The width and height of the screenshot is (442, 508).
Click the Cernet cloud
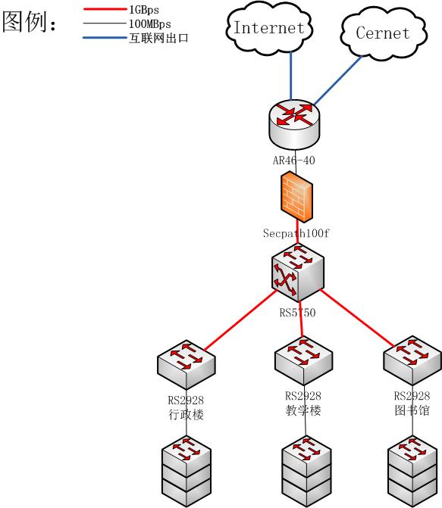(384, 33)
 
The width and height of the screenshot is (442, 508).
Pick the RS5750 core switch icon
(298, 273)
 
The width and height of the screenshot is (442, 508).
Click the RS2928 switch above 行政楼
(187, 364)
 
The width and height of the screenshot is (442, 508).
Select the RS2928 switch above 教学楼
(303, 360)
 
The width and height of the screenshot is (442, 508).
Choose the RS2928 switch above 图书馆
(412, 360)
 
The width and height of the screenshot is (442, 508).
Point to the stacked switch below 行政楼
(187, 472)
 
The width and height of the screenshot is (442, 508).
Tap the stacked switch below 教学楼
(306, 472)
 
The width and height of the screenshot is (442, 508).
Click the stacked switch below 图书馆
(412, 472)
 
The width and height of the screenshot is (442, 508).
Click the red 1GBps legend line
(105, 9)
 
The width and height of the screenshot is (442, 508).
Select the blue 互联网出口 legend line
(105, 38)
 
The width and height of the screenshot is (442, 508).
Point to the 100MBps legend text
(149, 24)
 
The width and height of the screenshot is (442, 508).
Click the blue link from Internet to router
(291, 76)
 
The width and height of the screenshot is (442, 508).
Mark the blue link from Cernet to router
(338, 81)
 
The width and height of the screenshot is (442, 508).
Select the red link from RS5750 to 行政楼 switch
(240, 320)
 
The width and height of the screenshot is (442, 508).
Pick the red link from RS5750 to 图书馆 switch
(358, 318)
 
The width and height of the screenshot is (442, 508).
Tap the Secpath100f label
(296, 233)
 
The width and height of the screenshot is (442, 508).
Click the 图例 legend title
(30, 22)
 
